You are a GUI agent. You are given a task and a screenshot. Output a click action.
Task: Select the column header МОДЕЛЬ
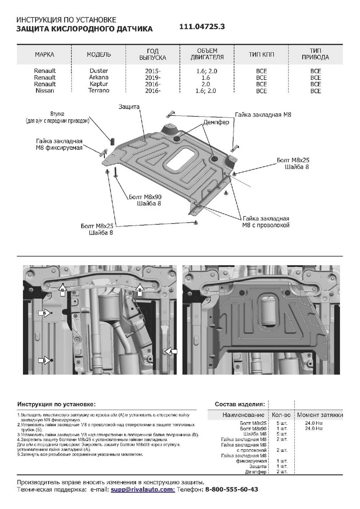point(99,54)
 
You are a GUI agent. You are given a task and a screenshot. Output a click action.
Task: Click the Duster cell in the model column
point(99,71)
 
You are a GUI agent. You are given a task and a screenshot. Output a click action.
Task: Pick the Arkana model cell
point(99,77)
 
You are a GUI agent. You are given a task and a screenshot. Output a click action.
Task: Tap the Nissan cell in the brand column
point(45,91)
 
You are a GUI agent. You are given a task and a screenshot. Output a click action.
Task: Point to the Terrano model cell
point(99,90)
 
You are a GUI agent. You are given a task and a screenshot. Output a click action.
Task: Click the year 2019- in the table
point(153,78)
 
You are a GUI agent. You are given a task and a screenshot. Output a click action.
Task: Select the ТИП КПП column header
point(261,55)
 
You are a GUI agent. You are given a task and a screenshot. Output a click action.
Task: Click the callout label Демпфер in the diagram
point(216,122)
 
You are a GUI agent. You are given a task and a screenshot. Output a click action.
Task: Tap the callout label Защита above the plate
point(129,108)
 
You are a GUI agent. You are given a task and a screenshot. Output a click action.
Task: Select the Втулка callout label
point(57,115)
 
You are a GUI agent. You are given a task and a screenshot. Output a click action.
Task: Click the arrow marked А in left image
point(171,352)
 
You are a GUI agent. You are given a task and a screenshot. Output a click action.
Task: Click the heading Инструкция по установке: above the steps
point(56,404)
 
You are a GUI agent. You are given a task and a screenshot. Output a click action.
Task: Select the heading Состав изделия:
point(240,404)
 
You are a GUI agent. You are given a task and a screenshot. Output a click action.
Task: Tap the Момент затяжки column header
point(320,415)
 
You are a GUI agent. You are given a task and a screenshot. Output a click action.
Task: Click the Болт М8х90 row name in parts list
point(254,428)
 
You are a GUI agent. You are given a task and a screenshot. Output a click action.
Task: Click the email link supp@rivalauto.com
point(142,489)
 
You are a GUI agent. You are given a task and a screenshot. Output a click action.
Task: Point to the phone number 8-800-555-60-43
point(232,489)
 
